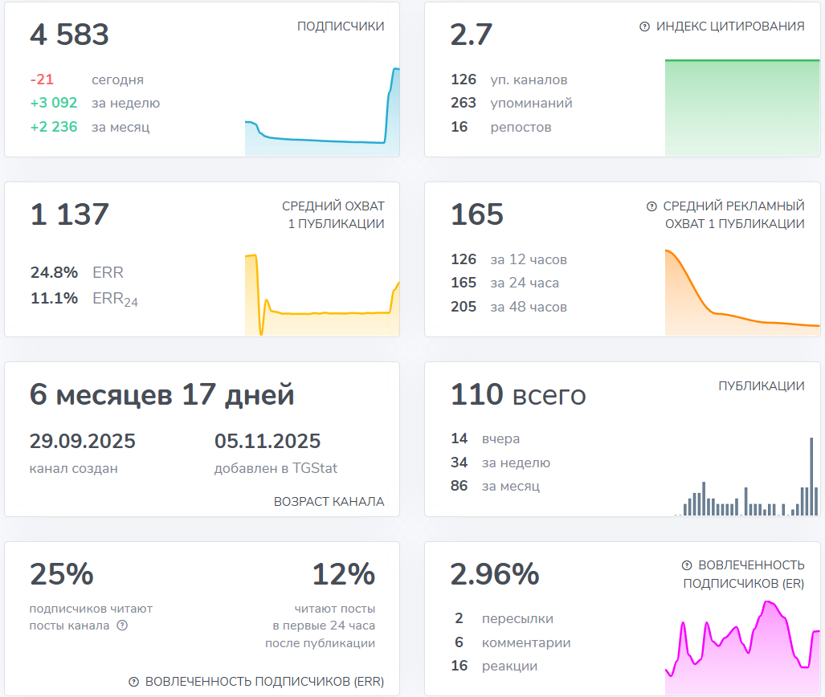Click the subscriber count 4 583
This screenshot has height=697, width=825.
pyautogui.click(x=69, y=35)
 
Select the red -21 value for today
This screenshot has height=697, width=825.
pyautogui.click(x=42, y=80)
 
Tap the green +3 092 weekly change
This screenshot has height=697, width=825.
pyautogui.click(x=54, y=104)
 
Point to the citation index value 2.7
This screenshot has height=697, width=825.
pyautogui.click(x=471, y=35)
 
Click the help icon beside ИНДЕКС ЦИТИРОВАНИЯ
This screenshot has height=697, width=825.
pyautogui.click(x=644, y=26)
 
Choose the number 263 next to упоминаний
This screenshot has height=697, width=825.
pyautogui.click(x=464, y=104)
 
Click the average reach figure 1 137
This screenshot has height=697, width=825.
pyautogui.click(x=69, y=215)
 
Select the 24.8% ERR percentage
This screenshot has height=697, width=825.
pyautogui.click(x=54, y=273)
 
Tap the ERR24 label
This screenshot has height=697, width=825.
pyautogui.click(x=115, y=300)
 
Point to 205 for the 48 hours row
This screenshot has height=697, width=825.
pyautogui.click(x=464, y=307)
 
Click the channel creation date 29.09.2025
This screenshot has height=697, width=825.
pyautogui.click(x=83, y=442)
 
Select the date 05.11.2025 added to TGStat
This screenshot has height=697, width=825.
pyautogui.click(x=268, y=442)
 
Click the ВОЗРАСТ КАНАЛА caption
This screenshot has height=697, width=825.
pyautogui.click(x=329, y=502)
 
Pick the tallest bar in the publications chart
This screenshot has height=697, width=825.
pyautogui.click(x=811, y=475)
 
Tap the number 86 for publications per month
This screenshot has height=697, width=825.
pyautogui.click(x=459, y=487)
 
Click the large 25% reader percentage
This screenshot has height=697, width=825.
pyautogui.click(x=62, y=575)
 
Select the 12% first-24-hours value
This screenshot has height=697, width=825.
pyautogui.click(x=343, y=575)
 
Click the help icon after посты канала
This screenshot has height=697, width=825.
pyautogui.click(x=122, y=626)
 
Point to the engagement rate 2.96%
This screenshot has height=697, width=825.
pyautogui.click(x=494, y=575)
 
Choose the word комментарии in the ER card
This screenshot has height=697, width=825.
pyautogui.click(x=526, y=643)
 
